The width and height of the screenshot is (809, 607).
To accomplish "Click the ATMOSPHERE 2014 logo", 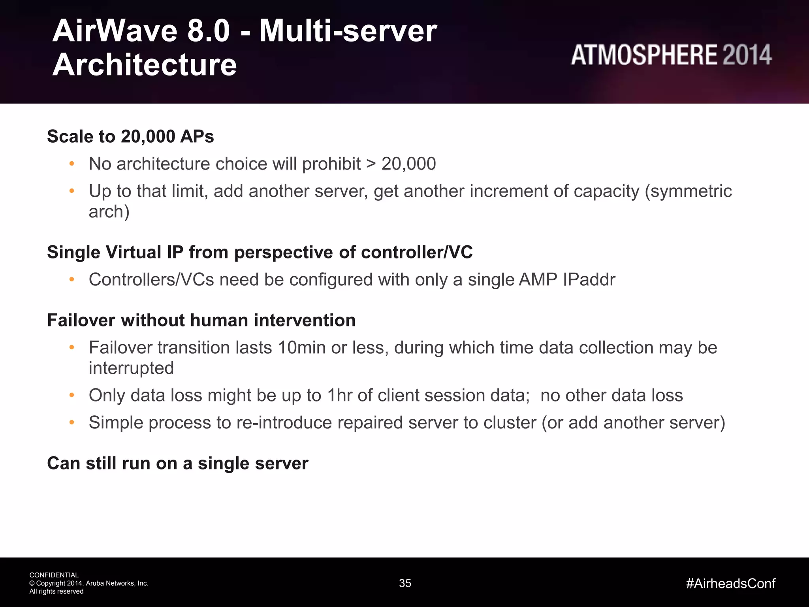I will (671, 55).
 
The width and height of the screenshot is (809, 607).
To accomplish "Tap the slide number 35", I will (405, 583).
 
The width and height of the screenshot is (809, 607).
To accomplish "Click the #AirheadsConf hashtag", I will (731, 583).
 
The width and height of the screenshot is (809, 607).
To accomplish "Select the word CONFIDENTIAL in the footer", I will (54, 575).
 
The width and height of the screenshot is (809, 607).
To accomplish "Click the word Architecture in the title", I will (145, 65).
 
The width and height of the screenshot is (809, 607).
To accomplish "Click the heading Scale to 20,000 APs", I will (130, 137).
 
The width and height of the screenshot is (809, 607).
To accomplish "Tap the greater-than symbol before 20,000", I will (371, 164).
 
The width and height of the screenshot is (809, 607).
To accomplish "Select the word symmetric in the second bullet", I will (689, 191).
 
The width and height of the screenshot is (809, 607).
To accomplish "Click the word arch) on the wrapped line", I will (109, 212).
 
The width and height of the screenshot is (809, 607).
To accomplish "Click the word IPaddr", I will (589, 280).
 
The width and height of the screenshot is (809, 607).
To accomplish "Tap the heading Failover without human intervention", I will (201, 320).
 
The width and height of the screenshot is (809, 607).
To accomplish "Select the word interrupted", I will (131, 368).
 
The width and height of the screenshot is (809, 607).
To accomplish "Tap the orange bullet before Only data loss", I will (71, 395).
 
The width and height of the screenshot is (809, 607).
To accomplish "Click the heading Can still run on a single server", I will (177, 464).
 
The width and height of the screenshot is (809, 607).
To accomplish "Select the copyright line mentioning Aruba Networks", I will (89, 583).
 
